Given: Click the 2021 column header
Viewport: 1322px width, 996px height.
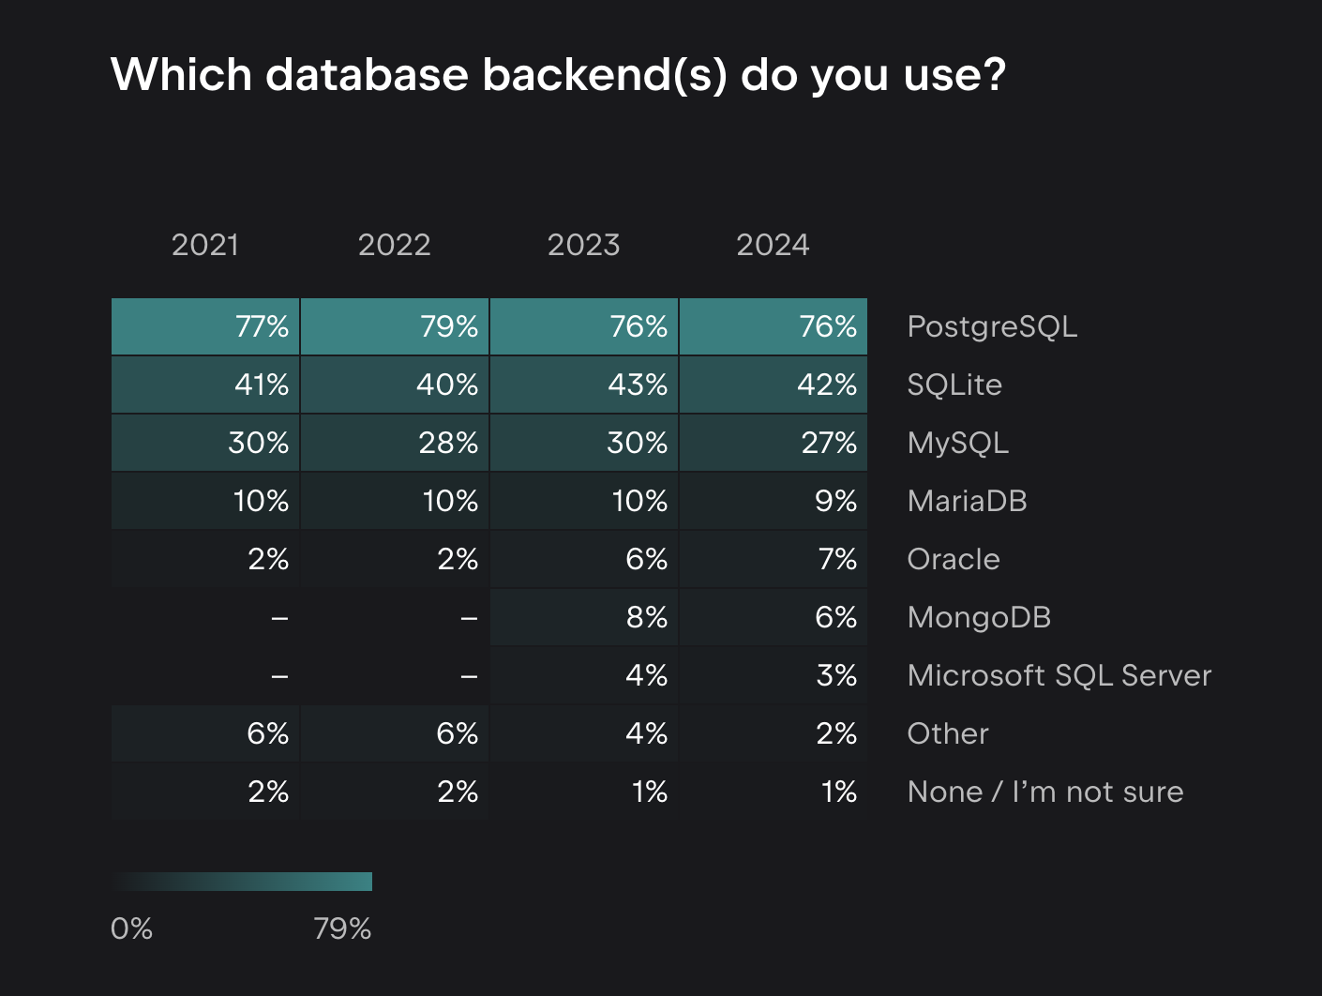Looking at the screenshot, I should pyautogui.click(x=205, y=245).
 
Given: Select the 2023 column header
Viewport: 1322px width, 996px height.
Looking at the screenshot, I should pyautogui.click(x=583, y=245).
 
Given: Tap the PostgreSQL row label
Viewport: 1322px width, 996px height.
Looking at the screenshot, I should pyautogui.click(x=992, y=326).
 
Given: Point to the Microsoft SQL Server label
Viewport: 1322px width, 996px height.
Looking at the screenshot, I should pyautogui.click(x=1059, y=675).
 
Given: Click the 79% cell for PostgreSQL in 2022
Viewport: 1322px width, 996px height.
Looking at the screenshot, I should pyautogui.click(x=395, y=326).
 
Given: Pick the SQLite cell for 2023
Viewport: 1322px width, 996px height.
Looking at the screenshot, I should pyautogui.click(x=584, y=385).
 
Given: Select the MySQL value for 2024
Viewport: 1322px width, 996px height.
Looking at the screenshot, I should pyautogui.click(x=774, y=443).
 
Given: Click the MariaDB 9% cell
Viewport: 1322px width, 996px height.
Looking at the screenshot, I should pyautogui.click(x=774, y=501).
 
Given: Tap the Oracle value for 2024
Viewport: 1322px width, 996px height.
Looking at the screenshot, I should pyautogui.click(x=774, y=559).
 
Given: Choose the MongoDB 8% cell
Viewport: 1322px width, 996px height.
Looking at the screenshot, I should pyautogui.click(x=584, y=617).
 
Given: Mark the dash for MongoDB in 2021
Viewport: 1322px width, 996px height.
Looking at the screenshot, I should pyautogui.click(x=205, y=617).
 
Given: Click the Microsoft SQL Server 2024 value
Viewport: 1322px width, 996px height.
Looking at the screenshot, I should pyautogui.click(x=774, y=675).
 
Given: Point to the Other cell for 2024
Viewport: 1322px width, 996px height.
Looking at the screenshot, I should pyautogui.click(x=774, y=733).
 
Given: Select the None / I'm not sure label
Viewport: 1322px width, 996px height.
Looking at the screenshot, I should pyautogui.click(x=1044, y=792).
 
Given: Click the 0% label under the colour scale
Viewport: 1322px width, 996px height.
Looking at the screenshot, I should pyautogui.click(x=131, y=928).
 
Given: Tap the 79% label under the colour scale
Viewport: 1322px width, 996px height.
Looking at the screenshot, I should pyautogui.click(x=342, y=928).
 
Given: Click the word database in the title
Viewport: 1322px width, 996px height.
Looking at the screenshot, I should pyautogui.click(x=367, y=74).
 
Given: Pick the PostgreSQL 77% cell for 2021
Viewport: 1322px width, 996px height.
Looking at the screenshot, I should pyautogui.click(x=205, y=326).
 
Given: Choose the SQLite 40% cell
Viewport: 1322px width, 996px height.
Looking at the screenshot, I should pyautogui.click(x=395, y=385).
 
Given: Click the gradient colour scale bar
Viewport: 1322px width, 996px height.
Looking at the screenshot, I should pyautogui.click(x=242, y=882).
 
